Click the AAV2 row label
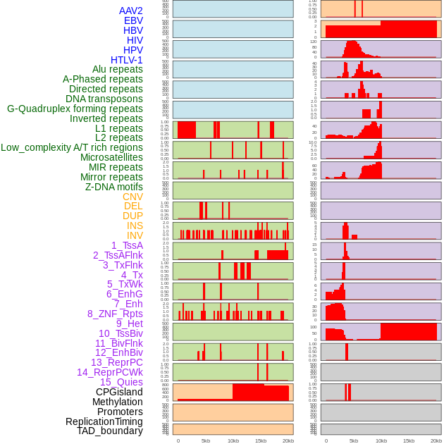[x=131, y=11]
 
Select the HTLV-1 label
[x=127, y=60]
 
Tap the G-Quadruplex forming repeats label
[x=75, y=109]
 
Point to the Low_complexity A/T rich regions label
[x=72, y=147]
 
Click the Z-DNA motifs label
[x=114, y=187]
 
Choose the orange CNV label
[x=132, y=197]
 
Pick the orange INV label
[x=135, y=235]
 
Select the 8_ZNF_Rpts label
[x=115, y=314]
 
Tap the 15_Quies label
[x=120, y=382]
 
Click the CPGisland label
[x=119, y=392]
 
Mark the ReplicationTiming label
[x=104, y=421]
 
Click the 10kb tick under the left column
[x=233, y=440]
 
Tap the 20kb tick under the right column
[x=436, y=440]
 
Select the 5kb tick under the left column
[x=205, y=440]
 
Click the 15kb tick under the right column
[x=408, y=440]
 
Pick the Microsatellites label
[x=111, y=157]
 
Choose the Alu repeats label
[x=118, y=69]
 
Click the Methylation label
[x=113, y=402]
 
